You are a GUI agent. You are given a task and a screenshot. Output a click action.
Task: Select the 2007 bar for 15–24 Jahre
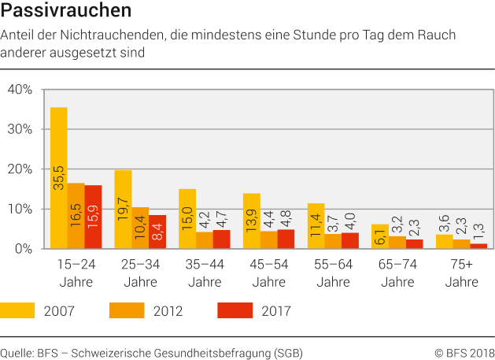click(58, 177)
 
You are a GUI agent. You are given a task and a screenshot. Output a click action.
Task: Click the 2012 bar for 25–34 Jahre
click(140, 228)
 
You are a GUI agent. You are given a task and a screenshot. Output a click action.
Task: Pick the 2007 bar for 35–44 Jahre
click(187, 218)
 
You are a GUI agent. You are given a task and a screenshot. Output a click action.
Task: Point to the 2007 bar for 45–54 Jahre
click(252, 221)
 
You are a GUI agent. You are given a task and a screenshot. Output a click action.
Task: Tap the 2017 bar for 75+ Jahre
click(479, 246)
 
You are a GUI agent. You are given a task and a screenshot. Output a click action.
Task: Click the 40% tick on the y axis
click(19, 90)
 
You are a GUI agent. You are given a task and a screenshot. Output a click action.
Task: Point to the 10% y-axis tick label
click(19, 209)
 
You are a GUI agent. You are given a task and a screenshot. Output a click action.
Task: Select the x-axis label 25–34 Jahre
click(140, 273)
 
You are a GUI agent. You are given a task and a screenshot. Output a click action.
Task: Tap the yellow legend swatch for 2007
click(17, 310)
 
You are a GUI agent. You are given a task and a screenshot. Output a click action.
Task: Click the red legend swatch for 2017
click(235, 310)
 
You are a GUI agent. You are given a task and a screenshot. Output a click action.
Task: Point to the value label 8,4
click(157, 232)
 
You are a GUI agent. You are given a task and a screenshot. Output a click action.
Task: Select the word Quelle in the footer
click(17, 352)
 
